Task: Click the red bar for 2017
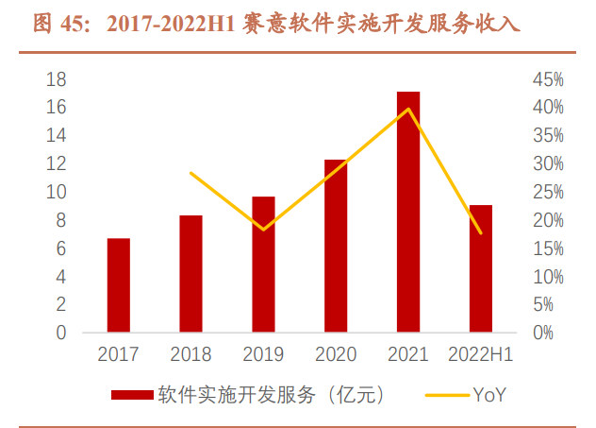click(x=118, y=285)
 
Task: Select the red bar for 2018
click(x=190, y=274)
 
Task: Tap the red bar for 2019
click(x=263, y=265)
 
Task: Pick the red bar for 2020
click(x=336, y=246)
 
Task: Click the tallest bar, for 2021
click(x=408, y=213)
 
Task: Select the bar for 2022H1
click(x=481, y=269)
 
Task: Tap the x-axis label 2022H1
click(x=481, y=355)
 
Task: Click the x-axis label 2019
click(x=263, y=355)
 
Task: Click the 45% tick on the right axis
click(x=547, y=79)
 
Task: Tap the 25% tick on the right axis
click(x=547, y=192)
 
